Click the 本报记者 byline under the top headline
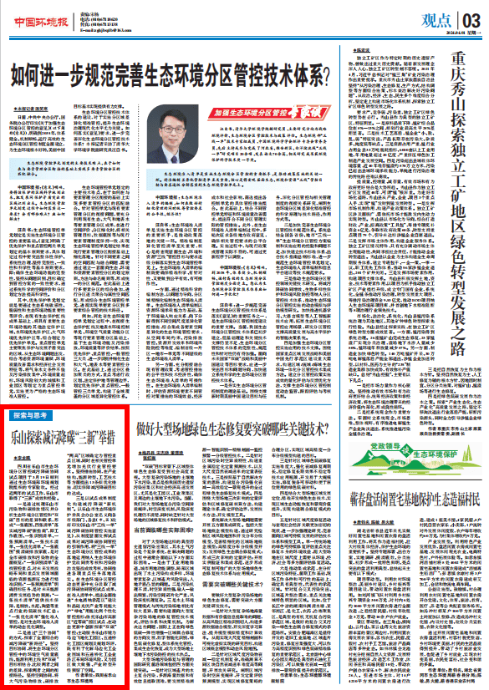(x=33, y=109)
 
